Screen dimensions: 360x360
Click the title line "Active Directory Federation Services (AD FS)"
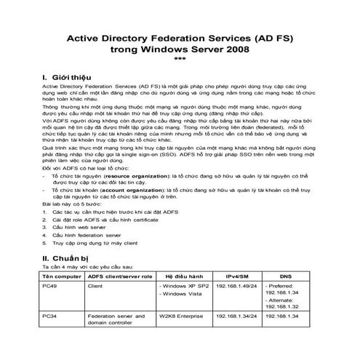179,36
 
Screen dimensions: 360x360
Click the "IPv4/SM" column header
235,277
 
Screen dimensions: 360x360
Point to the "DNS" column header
288,277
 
